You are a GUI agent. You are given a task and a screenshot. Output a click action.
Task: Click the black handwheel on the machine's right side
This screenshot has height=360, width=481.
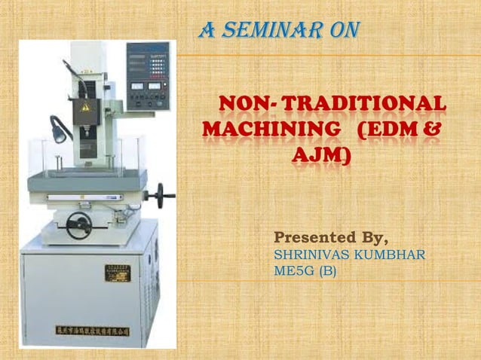tap(161, 198)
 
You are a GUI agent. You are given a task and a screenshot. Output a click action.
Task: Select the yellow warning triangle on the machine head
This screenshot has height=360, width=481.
tap(86, 108)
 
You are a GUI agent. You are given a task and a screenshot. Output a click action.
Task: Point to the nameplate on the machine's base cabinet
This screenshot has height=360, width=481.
tap(116, 270)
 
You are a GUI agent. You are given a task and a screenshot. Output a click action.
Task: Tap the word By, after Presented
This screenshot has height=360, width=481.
tap(371, 239)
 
